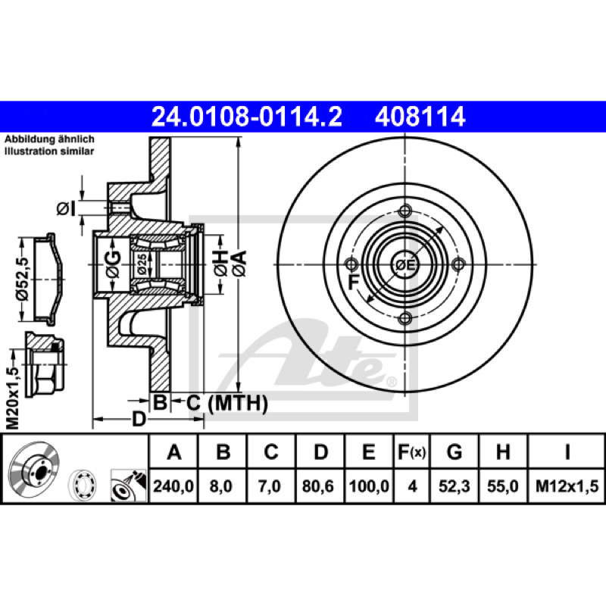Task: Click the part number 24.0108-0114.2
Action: pos(247,117)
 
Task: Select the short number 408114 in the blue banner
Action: pos(420,117)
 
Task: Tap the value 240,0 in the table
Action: pos(173,486)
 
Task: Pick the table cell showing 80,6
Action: pos(317,486)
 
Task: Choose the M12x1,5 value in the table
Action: pos(567,486)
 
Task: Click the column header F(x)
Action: pos(411,451)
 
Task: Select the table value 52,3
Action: pos(454,486)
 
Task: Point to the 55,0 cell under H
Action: pos(502,486)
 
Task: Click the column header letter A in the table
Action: pos(174,451)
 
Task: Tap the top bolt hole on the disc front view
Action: pos(405,211)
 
